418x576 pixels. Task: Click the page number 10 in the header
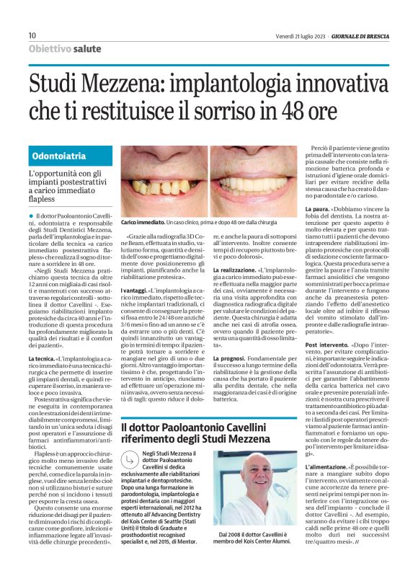32,35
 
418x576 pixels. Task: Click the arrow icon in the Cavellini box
130,458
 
